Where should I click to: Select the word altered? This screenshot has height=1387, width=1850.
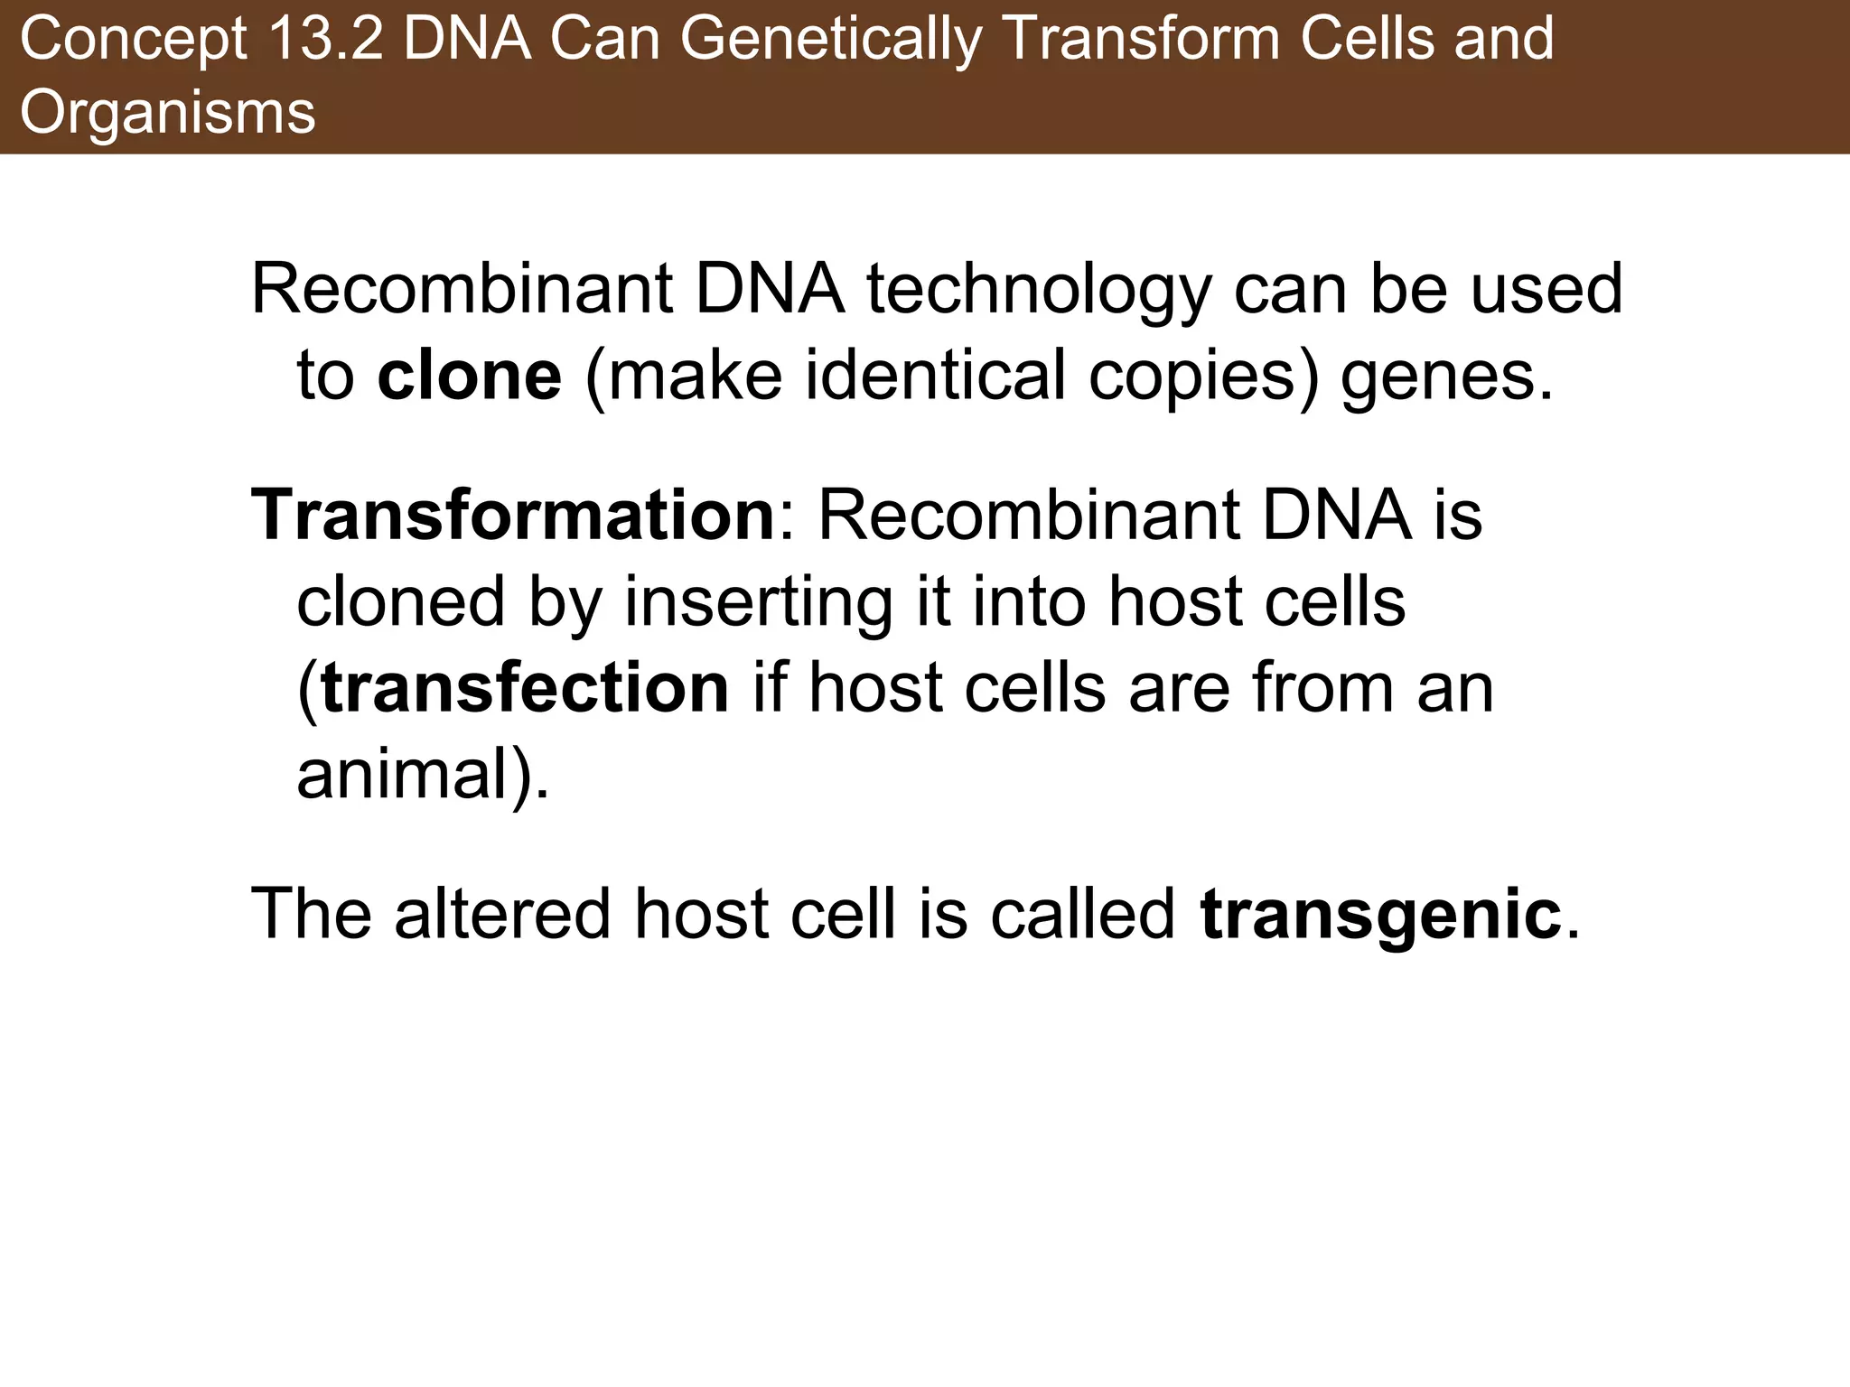pos(502,914)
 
